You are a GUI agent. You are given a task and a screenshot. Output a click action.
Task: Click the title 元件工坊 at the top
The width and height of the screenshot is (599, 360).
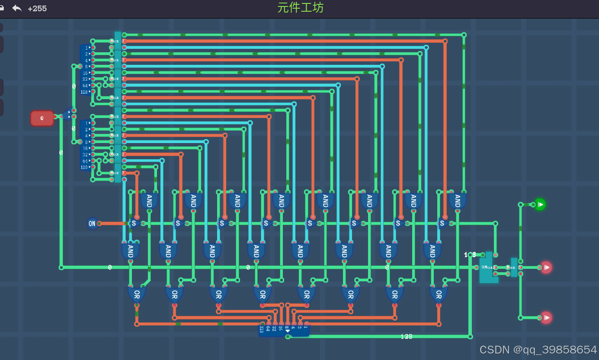[x=300, y=8]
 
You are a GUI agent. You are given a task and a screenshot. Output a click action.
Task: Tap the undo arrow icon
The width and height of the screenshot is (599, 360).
[x=17, y=8]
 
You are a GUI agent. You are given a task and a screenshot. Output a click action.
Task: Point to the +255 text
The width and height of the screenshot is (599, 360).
[x=37, y=9]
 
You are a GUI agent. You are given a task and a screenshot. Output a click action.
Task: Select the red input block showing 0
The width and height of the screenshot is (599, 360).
[x=42, y=118]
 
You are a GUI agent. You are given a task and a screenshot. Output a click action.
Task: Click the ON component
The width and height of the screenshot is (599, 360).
[x=92, y=223]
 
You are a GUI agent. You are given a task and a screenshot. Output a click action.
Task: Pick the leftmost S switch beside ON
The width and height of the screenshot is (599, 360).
[x=134, y=223]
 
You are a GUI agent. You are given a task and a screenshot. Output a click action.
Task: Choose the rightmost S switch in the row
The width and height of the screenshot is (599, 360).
[x=442, y=223]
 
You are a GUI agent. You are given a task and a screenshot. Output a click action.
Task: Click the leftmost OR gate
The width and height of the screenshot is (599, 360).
[x=136, y=295]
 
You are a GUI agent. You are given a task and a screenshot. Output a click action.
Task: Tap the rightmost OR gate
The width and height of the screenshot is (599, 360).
[x=438, y=295]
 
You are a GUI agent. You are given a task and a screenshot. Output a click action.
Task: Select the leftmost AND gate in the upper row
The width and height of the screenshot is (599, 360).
[x=149, y=201]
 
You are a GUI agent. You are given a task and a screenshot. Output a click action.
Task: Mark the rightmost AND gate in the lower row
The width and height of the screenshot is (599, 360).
[x=432, y=251]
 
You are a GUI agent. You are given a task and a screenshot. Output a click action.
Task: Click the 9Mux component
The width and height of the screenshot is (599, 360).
[x=488, y=268]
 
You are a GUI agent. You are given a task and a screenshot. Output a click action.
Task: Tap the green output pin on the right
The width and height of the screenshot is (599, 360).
[x=539, y=204]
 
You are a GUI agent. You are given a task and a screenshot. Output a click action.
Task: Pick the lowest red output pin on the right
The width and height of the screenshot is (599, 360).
[x=546, y=318]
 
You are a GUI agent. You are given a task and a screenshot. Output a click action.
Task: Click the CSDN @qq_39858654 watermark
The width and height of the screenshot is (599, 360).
[x=538, y=349]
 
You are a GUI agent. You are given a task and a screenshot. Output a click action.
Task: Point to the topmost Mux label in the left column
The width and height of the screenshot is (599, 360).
[x=115, y=41]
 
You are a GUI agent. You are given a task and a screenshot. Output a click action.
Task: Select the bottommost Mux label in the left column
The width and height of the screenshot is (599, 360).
[x=115, y=173]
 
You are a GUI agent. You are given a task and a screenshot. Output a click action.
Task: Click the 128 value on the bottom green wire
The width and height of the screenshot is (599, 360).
[x=406, y=337]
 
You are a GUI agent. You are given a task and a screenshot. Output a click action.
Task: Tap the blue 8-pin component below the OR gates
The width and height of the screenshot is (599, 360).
[x=284, y=330]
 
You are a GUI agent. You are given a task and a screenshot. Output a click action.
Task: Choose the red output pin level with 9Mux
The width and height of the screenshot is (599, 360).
[x=546, y=268]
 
